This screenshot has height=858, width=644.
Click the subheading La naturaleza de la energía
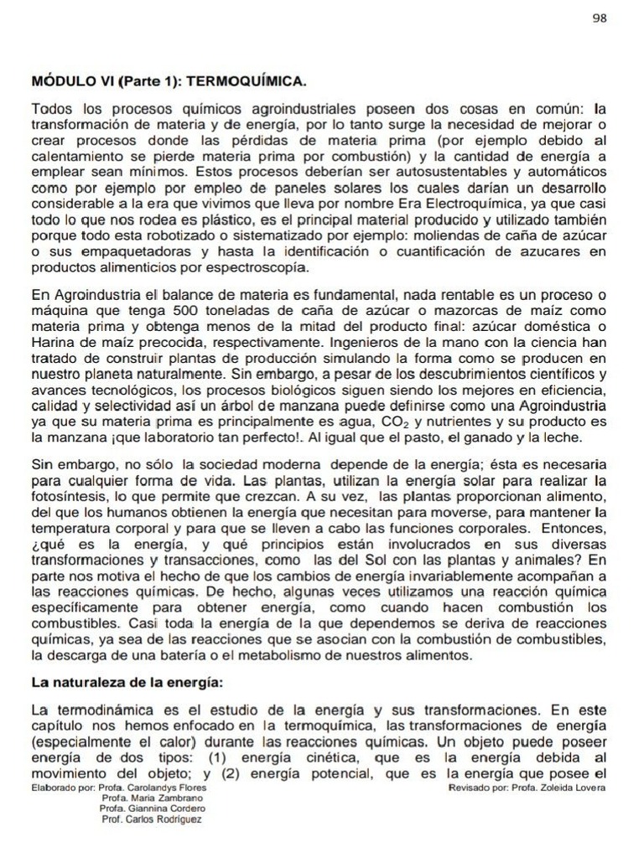127,683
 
